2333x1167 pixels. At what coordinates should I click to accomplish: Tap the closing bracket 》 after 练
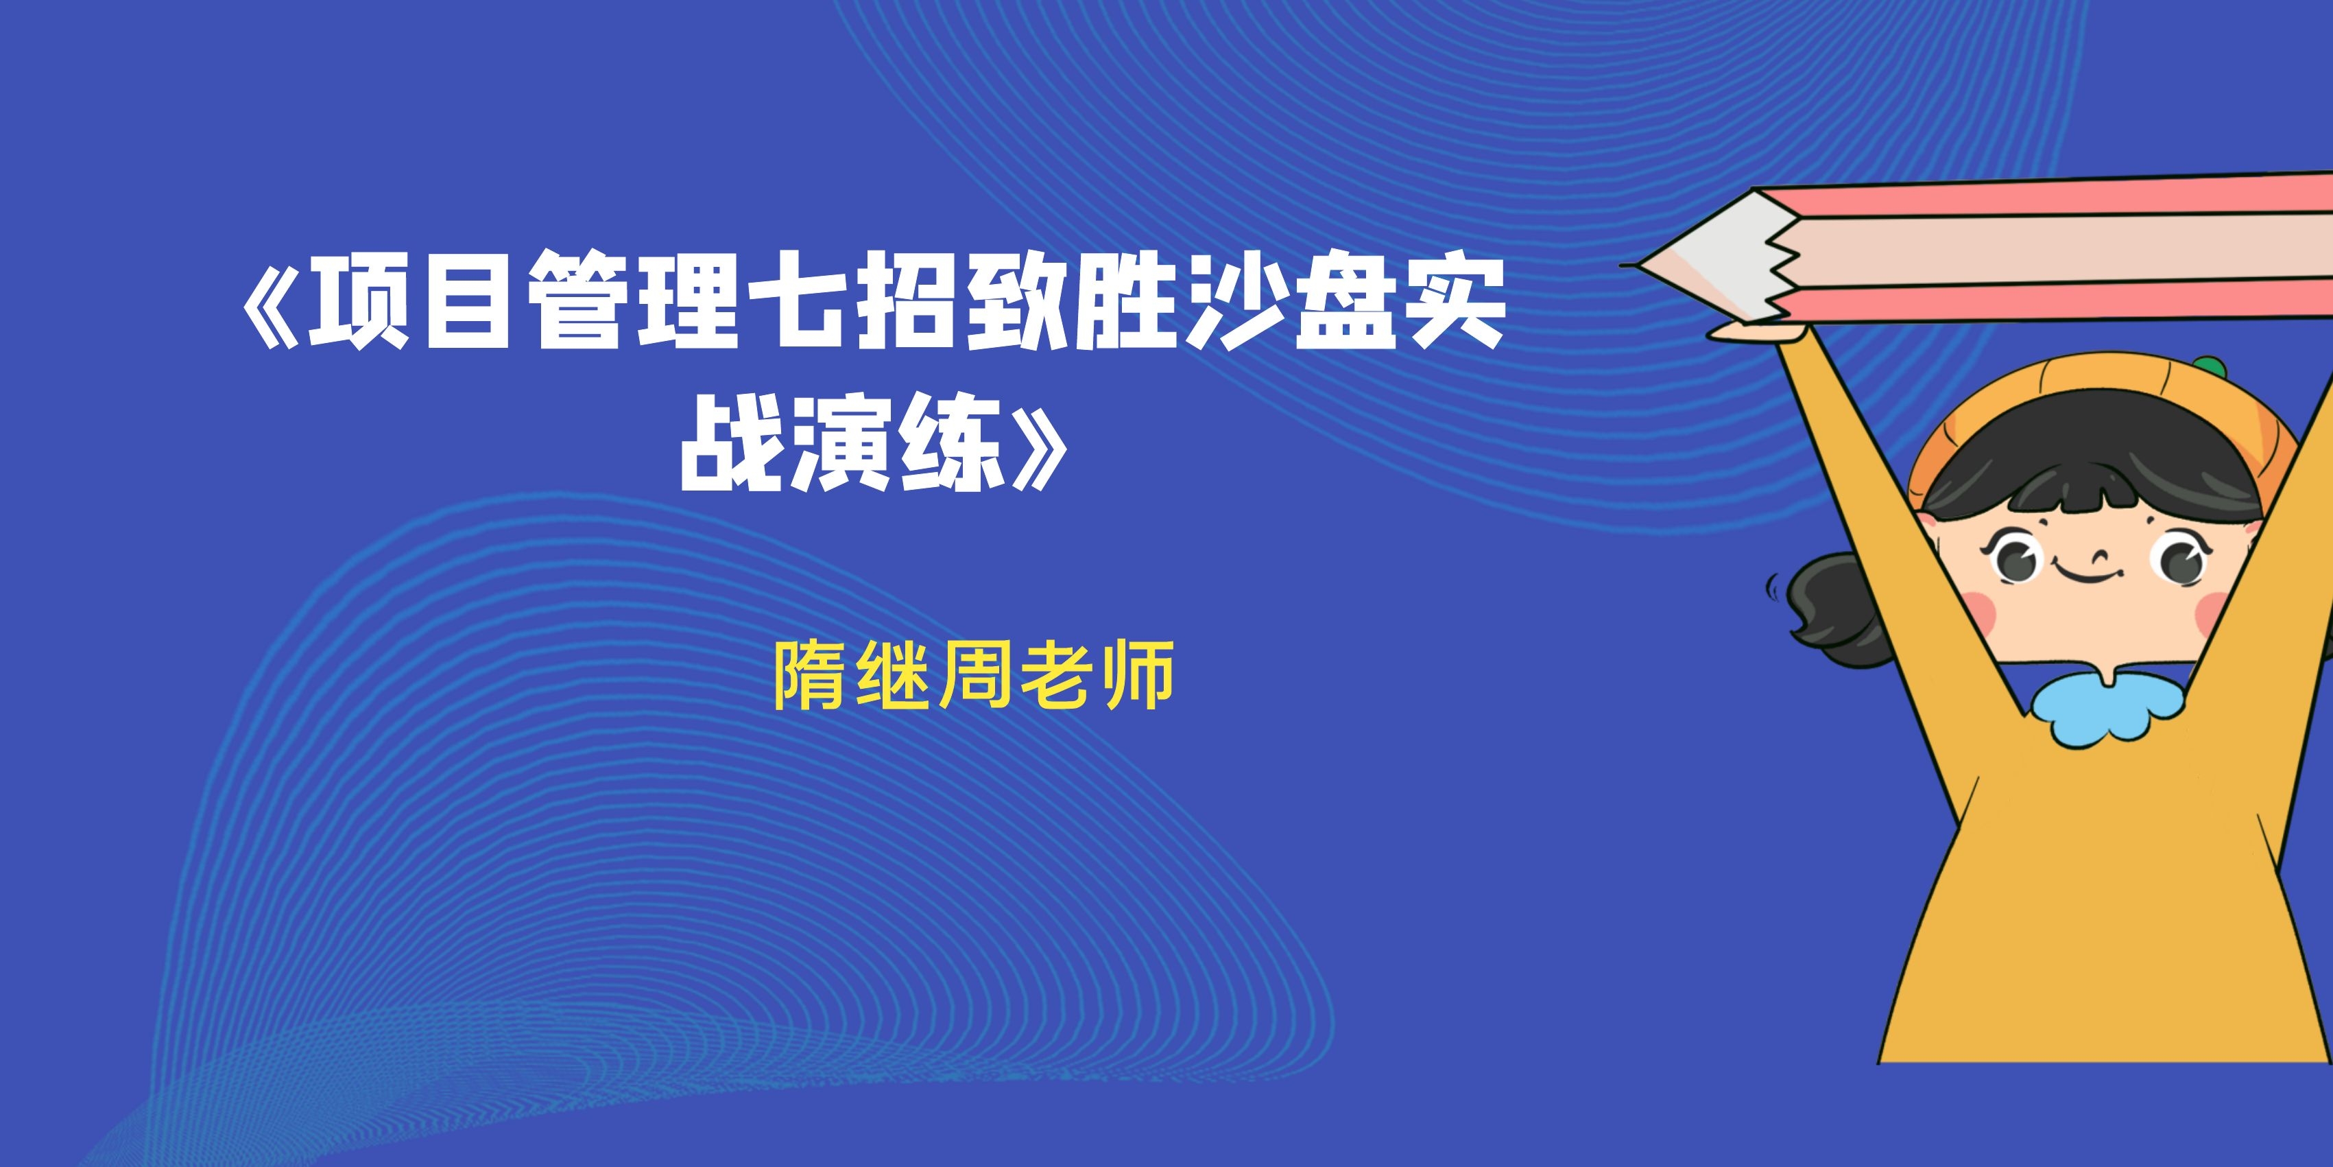[x=1040, y=445]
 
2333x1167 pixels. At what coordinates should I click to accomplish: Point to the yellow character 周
[x=974, y=674]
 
